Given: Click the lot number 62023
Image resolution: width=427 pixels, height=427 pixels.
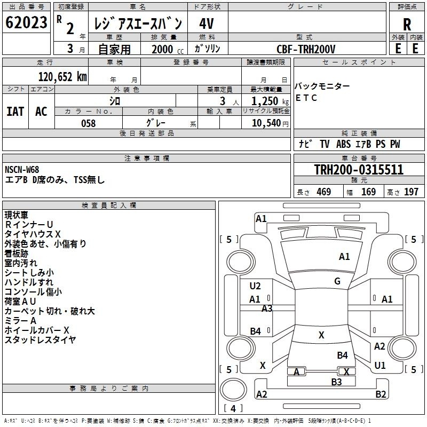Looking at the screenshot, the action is click(x=26, y=22).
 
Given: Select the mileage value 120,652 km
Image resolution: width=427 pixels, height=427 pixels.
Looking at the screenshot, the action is click(x=62, y=77).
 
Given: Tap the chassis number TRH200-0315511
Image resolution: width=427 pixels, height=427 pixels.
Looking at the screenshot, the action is click(x=359, y=169).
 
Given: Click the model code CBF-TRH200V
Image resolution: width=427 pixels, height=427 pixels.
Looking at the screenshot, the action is click(x=306, y=49).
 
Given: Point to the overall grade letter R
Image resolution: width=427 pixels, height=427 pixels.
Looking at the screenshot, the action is click(x=407, y=24).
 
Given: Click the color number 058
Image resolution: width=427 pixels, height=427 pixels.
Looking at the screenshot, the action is click(x=88, y=123).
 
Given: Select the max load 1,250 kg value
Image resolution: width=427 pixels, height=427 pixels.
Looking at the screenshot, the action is click(x=270, y=101).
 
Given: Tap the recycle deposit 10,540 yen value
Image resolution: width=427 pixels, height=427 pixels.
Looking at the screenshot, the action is click(x=270, y=123).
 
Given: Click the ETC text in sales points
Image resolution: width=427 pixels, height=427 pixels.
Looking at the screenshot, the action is click(x=306, y=98).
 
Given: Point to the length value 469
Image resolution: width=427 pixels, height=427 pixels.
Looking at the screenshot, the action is click(x=324, y=192).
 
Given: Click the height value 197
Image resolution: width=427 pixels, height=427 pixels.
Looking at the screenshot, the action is click(x=411, y=192).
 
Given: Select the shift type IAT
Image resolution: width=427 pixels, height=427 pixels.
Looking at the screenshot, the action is click(x=15, y=112).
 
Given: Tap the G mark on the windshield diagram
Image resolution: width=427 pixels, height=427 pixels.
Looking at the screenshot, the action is click(x=337, y=281).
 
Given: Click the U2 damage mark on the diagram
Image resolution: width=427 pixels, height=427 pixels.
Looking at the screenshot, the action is click(x=255, y=286).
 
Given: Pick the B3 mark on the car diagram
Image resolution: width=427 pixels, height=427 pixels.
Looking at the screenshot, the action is click(x=336, y=382).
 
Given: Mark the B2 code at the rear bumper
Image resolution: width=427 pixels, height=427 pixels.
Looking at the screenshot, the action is click(x=381, y=394).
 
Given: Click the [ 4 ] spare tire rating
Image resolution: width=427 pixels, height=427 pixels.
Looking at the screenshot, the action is click(x=233, y=408).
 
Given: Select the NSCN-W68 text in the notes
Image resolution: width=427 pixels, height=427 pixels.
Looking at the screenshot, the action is click(x=22, y=170).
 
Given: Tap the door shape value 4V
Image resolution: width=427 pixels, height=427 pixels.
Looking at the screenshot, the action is click(x=207, y=23).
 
